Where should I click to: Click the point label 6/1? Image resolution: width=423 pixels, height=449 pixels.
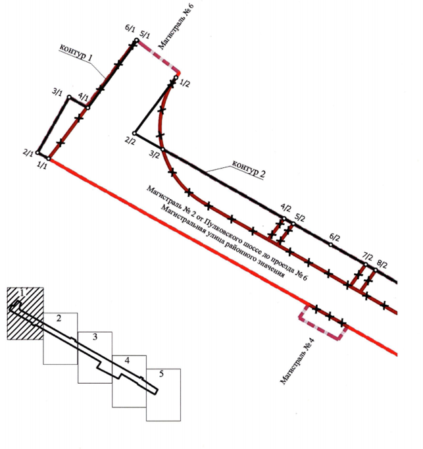pos(130,28)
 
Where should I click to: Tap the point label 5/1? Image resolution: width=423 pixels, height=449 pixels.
pos(145,35)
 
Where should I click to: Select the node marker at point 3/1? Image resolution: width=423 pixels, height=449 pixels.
pos(69,97)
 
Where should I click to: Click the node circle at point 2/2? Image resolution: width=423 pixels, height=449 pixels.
pos(134,133)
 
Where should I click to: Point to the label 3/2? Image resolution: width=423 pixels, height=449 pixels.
pos(154,155)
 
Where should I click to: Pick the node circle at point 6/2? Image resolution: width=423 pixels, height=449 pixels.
pos(330,245)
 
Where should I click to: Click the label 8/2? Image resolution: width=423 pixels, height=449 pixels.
pos(382,265)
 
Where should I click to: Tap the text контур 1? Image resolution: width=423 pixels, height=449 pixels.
pos(76,53)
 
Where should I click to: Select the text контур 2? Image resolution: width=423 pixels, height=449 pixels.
pos(249,169)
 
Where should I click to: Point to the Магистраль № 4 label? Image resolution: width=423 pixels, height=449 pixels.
pos(297,361)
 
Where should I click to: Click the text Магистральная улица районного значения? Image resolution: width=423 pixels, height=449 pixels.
pos(222,241)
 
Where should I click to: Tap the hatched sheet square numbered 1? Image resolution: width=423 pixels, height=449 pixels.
pos(25,313)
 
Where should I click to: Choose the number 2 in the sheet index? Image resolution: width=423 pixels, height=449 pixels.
pos(59,318)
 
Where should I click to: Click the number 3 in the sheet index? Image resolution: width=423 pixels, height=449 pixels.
pos(95,337)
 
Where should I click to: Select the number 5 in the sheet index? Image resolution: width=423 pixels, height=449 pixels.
pos(161,374)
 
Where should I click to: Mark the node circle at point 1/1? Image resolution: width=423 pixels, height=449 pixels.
pos(49,159)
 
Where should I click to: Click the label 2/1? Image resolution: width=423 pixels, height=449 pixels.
pos(28,153)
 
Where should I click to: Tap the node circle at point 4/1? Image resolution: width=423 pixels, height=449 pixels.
pos(88,108)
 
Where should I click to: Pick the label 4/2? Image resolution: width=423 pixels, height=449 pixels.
pos(286,207)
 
